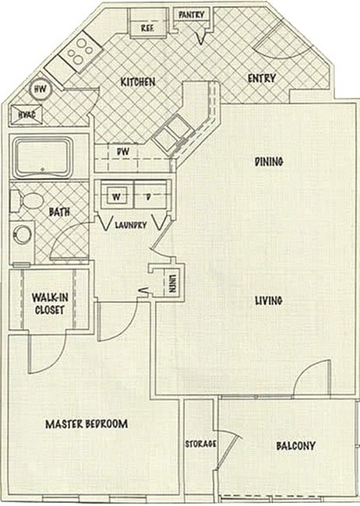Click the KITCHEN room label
click(137, 82)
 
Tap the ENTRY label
click(259, 78)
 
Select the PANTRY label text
click(192, 14)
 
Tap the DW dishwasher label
click(122, 152)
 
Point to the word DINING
click(269, 162)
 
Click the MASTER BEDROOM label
click(86, 423)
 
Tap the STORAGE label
click(200, 445)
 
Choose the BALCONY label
click(295, 446)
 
